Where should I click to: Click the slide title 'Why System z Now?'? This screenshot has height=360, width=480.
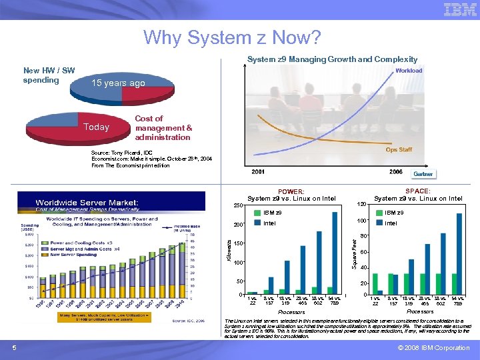232,37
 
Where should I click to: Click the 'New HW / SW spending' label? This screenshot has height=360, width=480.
49,75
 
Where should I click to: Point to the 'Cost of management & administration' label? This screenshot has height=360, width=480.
163,128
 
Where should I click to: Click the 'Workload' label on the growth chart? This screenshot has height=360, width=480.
409,70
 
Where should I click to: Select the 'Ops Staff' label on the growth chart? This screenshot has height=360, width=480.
399,149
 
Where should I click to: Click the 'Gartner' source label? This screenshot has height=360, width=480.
423,174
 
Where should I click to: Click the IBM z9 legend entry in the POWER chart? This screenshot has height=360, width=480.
267,212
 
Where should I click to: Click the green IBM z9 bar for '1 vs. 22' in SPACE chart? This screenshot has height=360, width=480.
373,293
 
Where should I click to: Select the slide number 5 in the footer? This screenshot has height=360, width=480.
14,347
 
